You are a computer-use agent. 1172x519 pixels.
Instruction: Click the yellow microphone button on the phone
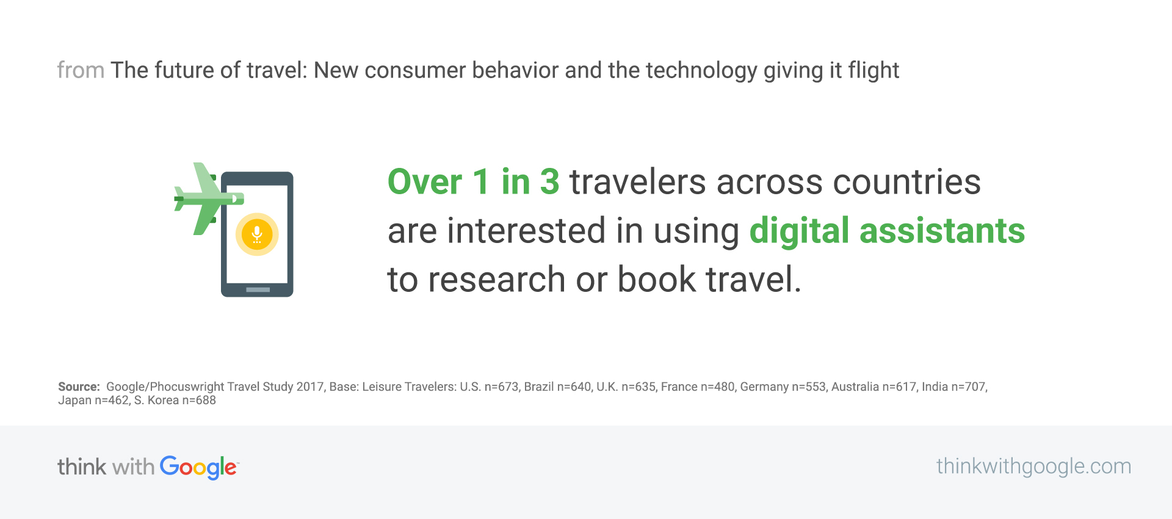257,234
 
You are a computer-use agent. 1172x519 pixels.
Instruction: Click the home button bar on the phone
258,289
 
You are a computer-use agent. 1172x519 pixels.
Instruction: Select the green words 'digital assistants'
887,231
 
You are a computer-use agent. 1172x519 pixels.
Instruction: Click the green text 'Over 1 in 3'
473,182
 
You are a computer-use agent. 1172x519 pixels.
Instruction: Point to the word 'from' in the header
81,70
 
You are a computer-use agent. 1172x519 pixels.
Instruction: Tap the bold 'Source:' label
79,387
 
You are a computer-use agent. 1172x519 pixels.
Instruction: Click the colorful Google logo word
199,468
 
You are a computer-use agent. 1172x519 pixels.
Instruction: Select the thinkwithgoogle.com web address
1033,466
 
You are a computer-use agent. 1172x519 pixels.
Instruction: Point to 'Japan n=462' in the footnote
93,401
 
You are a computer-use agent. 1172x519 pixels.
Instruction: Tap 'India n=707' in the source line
953,387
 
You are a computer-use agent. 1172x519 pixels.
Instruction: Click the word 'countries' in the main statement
906,182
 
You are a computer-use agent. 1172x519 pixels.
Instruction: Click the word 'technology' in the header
701,71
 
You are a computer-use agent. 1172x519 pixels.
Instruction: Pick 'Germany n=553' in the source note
783,387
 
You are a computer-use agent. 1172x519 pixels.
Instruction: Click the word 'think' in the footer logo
82,467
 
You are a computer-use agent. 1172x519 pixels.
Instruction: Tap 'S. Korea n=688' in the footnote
175,401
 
